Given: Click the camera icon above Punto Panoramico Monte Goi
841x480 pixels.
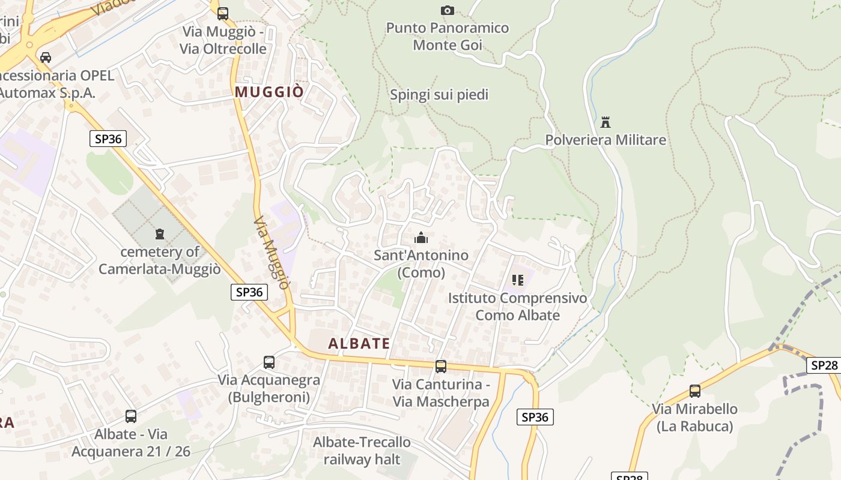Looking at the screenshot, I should pyautogui.click(x=447, y=10).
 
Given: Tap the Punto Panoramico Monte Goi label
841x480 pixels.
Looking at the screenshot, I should pyautogui.click(x=447, y=37).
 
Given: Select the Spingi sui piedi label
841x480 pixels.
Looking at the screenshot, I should pyautogui.click(x=439, y=95).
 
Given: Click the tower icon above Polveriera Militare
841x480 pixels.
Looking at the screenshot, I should pyautogui.click(x=606, y=122).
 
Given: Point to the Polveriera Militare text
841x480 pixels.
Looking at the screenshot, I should pyautogui.click(x=606, y=140).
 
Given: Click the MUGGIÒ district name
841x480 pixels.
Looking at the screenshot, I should pyautogui.click(x=269, y=92).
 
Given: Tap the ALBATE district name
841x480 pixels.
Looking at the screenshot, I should pyautogui.click(x=359, y=344).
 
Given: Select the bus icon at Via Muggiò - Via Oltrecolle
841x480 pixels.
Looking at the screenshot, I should pyautogui.click(x=223, y=13).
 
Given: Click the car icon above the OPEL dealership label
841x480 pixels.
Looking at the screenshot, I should pyautogui.click(x=45, y=58).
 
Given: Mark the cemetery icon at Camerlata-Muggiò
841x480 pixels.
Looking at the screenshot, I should pyautogui.click(x=160, y=233).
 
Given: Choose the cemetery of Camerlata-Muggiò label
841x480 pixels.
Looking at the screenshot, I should pyautogui.click(x=160, y=260).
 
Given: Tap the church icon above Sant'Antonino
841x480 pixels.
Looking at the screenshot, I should pyautogui.click(x=421, y=238).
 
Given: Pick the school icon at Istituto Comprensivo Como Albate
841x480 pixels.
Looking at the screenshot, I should pyautogui.click(x=518, y=280).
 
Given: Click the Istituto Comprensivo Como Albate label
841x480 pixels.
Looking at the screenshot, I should pyautogui.click(x=518, y=307).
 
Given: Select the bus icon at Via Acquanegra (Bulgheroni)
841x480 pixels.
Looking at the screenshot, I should pyautogui.click(x=269, y=362).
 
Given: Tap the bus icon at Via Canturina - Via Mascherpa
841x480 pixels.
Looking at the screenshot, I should pyautogui.click(x=441, y=367).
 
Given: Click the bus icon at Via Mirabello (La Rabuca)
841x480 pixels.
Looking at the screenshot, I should pyautogui.click(x=695, y=391).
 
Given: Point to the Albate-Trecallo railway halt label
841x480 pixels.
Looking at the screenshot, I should pyautogui.click(x=362, y=451).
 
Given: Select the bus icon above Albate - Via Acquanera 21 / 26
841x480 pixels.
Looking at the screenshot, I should pyautogui.click(x=131, y=416).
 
